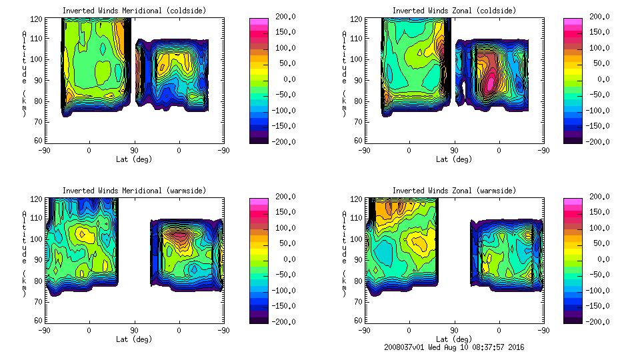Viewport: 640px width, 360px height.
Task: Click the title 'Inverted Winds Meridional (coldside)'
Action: pyautogui.click(x=134, y=11)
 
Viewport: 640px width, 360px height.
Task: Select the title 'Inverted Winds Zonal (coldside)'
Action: pyautogui.click(x=454, y=11)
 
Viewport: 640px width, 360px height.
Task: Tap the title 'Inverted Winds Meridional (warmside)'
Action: pyautogui.click(x=134, y=191)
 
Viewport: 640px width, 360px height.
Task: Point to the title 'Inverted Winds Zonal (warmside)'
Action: pyautogui.click(x=454, y=191)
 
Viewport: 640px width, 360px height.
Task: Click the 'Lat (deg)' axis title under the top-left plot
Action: pyautogui.click(x=134, y=159)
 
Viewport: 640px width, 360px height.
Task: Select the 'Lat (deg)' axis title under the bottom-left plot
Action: pyautogui.click(x=134, y=339)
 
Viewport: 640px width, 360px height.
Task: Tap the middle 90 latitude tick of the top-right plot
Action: pyautogui.click(x=454, y=150)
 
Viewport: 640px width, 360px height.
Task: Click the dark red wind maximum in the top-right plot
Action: pyautogui.click(x=490, y=81)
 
